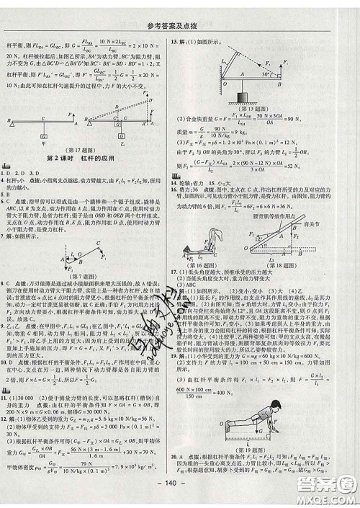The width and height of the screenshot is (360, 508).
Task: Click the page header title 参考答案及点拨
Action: (x=180, y=9)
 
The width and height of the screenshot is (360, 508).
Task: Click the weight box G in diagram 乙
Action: (x=133, y=133)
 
